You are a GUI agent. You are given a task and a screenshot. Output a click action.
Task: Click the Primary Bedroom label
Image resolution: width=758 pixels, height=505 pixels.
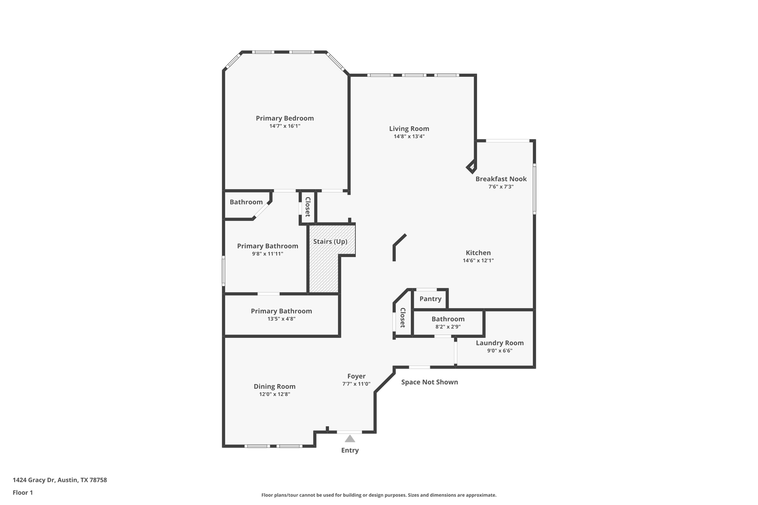click(285, 118)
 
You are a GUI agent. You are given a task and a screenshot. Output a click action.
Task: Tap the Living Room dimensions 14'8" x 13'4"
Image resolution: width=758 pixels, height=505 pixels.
click(409, 137)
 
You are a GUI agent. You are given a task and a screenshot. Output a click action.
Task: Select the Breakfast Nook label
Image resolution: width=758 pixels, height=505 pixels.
click(501, 179)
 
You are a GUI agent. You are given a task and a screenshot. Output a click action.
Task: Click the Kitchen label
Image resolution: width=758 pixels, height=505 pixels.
click(478, 253)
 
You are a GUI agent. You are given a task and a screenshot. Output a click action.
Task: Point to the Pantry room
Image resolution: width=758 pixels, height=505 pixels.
click(430, 299)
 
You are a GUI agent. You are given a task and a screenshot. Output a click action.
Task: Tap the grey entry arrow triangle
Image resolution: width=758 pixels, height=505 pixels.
click(350, 439)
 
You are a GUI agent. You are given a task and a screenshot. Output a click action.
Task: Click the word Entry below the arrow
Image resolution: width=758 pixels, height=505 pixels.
click(350, 450)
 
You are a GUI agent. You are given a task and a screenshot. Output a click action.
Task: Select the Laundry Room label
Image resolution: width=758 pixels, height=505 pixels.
click(500, 343)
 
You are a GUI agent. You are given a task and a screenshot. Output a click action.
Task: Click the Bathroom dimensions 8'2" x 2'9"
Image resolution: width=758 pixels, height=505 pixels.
click(448, 327)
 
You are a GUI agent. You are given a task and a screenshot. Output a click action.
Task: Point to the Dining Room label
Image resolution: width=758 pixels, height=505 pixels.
click(274, 387)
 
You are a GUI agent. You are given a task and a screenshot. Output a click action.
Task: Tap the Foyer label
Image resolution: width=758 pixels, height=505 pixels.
click(356, 376)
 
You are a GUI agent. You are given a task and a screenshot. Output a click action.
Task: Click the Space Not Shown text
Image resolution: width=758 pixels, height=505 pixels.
click(429, 382)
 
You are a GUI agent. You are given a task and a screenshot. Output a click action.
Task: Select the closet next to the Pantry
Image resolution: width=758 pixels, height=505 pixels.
click(403, 318)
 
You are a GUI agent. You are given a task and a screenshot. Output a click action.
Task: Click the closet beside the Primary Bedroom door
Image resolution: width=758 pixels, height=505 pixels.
click(308, 207)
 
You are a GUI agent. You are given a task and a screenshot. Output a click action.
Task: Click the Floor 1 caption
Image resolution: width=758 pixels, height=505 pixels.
click(23, 492)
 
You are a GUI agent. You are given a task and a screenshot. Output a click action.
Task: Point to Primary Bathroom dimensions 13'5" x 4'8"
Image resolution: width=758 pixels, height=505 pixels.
click(281, 319)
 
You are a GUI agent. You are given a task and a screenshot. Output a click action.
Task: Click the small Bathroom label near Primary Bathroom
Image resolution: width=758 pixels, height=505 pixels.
click(246, 202)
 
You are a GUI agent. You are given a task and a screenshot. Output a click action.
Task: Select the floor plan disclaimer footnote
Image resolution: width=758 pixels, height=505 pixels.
click(379, 495)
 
